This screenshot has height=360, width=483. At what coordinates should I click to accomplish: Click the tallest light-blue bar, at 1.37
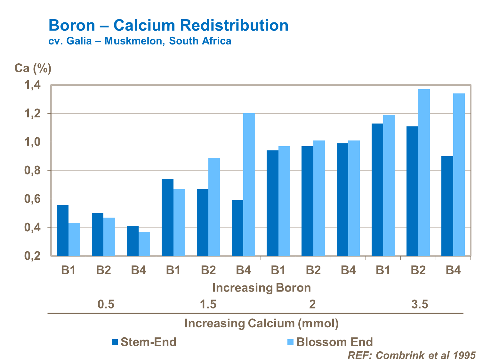(x=424, y=173)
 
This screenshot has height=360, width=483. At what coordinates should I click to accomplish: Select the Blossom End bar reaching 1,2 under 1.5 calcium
(x=249, y=185)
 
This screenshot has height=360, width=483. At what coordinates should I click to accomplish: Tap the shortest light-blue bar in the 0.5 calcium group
(x=144, y=244)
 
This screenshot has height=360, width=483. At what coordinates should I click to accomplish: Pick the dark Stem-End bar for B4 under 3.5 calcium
(x=447, y=206)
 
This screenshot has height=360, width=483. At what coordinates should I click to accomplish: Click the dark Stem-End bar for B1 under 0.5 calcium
(x=63, y=230)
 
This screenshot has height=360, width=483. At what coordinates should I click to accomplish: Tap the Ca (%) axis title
(x=33, y=68)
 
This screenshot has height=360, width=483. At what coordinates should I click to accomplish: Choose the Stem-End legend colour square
(x=115, y=342)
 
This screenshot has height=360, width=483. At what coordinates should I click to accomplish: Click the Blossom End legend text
(x=334, y=342)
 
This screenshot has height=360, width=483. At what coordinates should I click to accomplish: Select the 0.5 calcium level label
(x=106, y=304)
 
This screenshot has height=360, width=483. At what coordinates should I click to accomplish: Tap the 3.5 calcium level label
(x=420, y=304)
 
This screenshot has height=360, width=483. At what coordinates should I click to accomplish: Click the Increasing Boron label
(x=262, y=288)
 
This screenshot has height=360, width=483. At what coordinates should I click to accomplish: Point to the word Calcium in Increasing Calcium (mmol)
(x=271, y=323)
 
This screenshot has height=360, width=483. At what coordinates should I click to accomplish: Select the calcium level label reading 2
(x=312, y=304)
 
